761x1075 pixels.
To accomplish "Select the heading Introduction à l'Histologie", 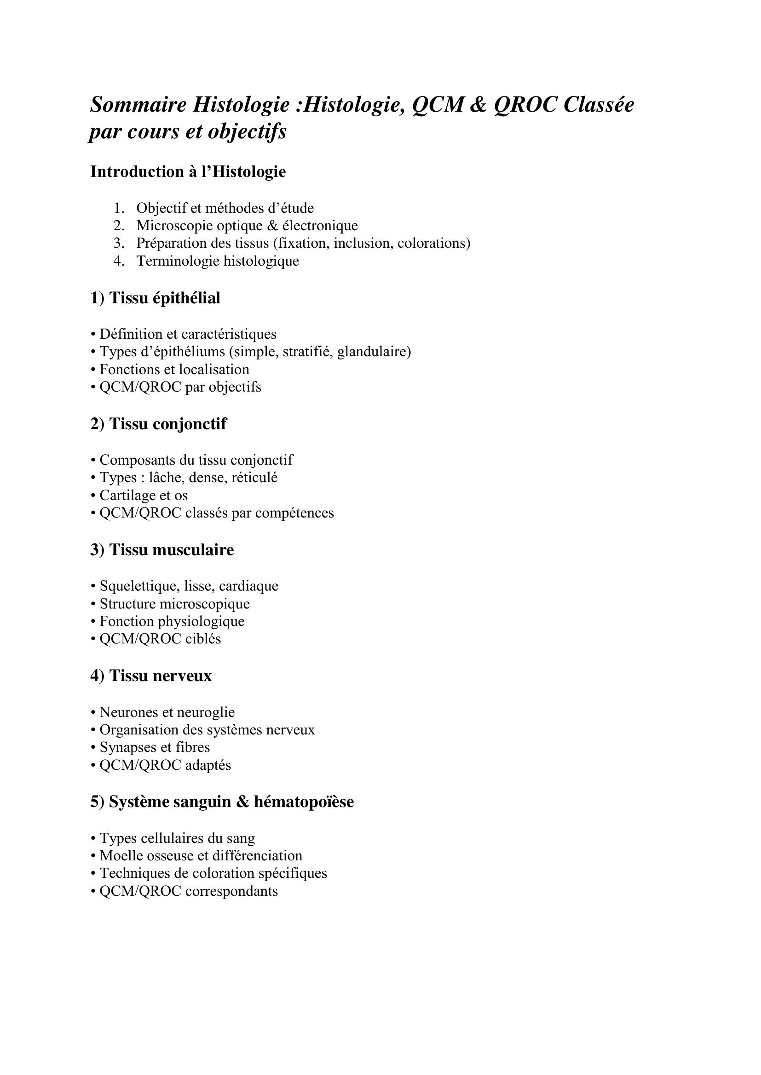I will tap(188, 172).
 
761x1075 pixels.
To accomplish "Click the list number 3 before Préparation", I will tap(119, 243).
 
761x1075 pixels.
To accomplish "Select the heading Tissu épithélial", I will tap(164, 298).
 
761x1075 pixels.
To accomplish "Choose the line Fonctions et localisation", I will tap(174, 369).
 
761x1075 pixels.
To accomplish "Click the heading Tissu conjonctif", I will tap(168, 424).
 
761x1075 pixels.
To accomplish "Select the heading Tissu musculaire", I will tap(172, 550).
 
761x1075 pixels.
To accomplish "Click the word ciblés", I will tap(203, 639).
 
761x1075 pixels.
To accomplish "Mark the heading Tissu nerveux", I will tap(160, 676).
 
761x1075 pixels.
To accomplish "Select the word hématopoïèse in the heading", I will tap(304, 802).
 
